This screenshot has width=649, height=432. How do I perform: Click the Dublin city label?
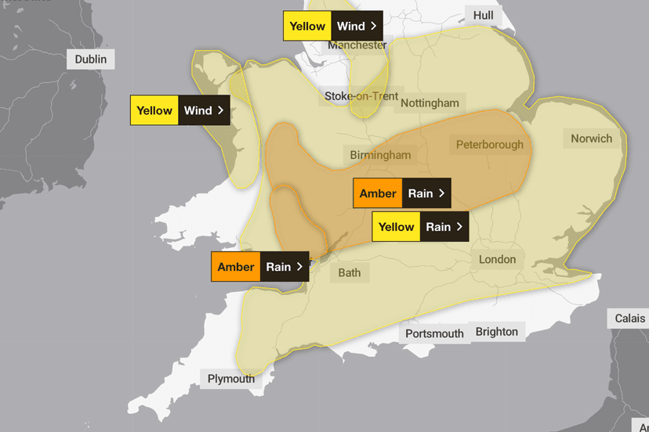pyautogui.click(x=91, y=59)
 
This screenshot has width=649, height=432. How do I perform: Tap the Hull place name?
pyautogui.click(x=484, y=16)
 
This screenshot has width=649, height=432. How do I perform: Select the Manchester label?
pyautogui.click(x=357, y=45)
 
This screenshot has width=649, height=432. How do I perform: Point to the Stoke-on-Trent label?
pyautogui.click(x=361, y=96)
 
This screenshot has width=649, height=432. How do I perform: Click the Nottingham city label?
pyautogui.click(x=430, y=103)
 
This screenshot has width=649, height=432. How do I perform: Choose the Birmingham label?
pyautogui.click(x=380, y=155)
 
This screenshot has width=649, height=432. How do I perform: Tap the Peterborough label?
pyautogui.click(x=489, y=145)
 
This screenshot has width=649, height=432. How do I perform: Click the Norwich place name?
pyautogui.click(x=591, y=139)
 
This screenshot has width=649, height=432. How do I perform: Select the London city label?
pyautogui.click(x=497, y=259)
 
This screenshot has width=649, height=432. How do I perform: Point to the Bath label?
pyautogui.click(x=350, y=272)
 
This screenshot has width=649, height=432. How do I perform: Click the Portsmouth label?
pyautogui.click(x=434, y=333)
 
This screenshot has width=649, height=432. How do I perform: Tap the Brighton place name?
pyautogui.click(x=496, y=332)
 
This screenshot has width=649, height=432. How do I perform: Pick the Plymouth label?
pyautogui.click(x=231, y=379)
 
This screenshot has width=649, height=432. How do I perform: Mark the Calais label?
pyautogui.click(x=629, y=319)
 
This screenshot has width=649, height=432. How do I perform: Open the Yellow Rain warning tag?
pyautogui.click(x=420, y=227)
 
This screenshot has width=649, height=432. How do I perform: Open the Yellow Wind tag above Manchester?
pyautogui.click(x=333, y=27)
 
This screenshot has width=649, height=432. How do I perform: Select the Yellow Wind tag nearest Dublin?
pyautogui.click(x=180, y=110)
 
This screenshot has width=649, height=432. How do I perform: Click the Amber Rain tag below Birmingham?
pyautogui.click(x=402, y=193)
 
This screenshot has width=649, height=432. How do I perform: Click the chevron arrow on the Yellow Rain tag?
pyautogui.click(x=459, y=227)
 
